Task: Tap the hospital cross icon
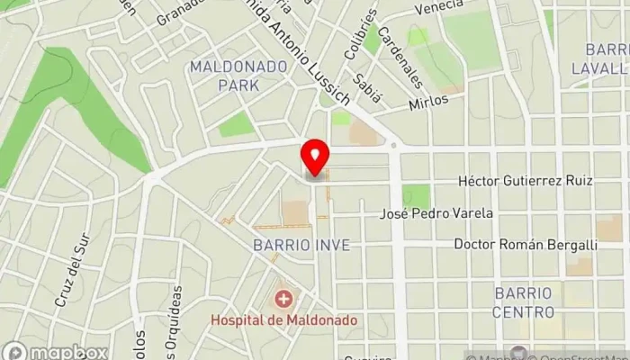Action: [x=283, y=298]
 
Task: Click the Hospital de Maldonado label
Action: [x=283, y=319]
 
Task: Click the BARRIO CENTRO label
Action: [x=523, y=302]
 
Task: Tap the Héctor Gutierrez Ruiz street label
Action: [x=525, y=181]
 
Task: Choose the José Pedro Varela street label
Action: [x=436, y=213]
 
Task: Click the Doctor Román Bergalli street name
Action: [x=526, y=244]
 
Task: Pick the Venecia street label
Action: [x=438, y=8]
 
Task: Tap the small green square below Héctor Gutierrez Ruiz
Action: [x=416, y=195]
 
